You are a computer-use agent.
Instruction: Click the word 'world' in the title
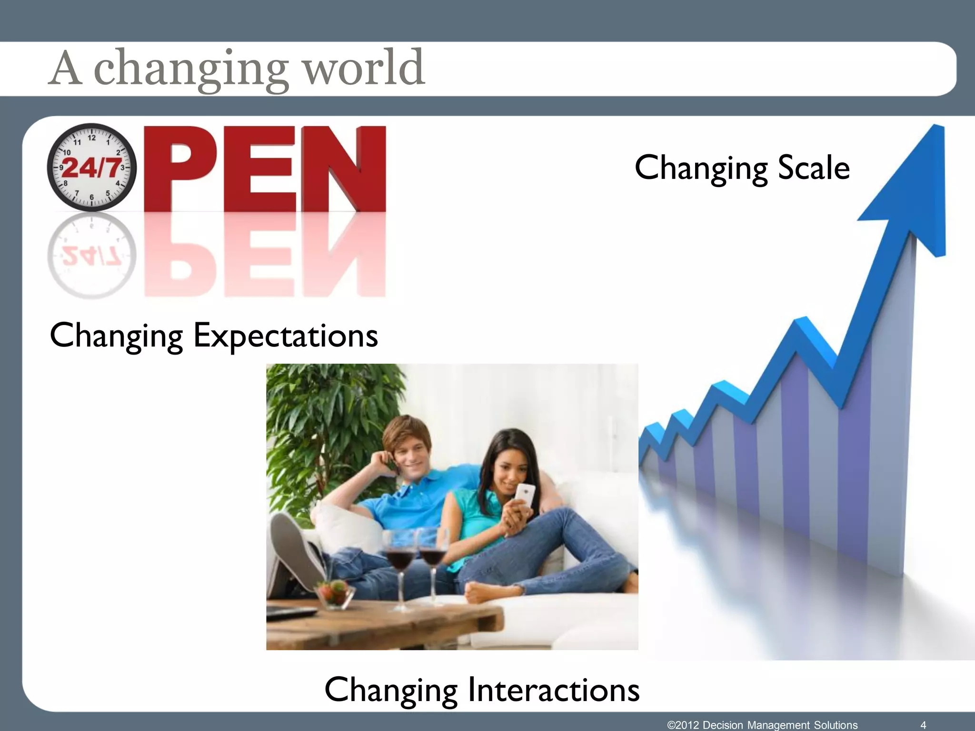tap(364, 68)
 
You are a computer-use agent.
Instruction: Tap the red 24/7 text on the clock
tap(92, 168)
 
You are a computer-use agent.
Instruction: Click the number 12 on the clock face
tap(91, 138)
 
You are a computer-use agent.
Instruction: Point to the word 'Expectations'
tap(286, 336)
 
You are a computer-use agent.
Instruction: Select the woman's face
tap(509, 466)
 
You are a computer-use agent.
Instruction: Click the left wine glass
tap(399, 557)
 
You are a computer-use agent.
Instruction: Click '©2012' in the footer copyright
tap(683, 725)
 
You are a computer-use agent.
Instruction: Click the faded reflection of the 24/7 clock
tap(91, 256)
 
